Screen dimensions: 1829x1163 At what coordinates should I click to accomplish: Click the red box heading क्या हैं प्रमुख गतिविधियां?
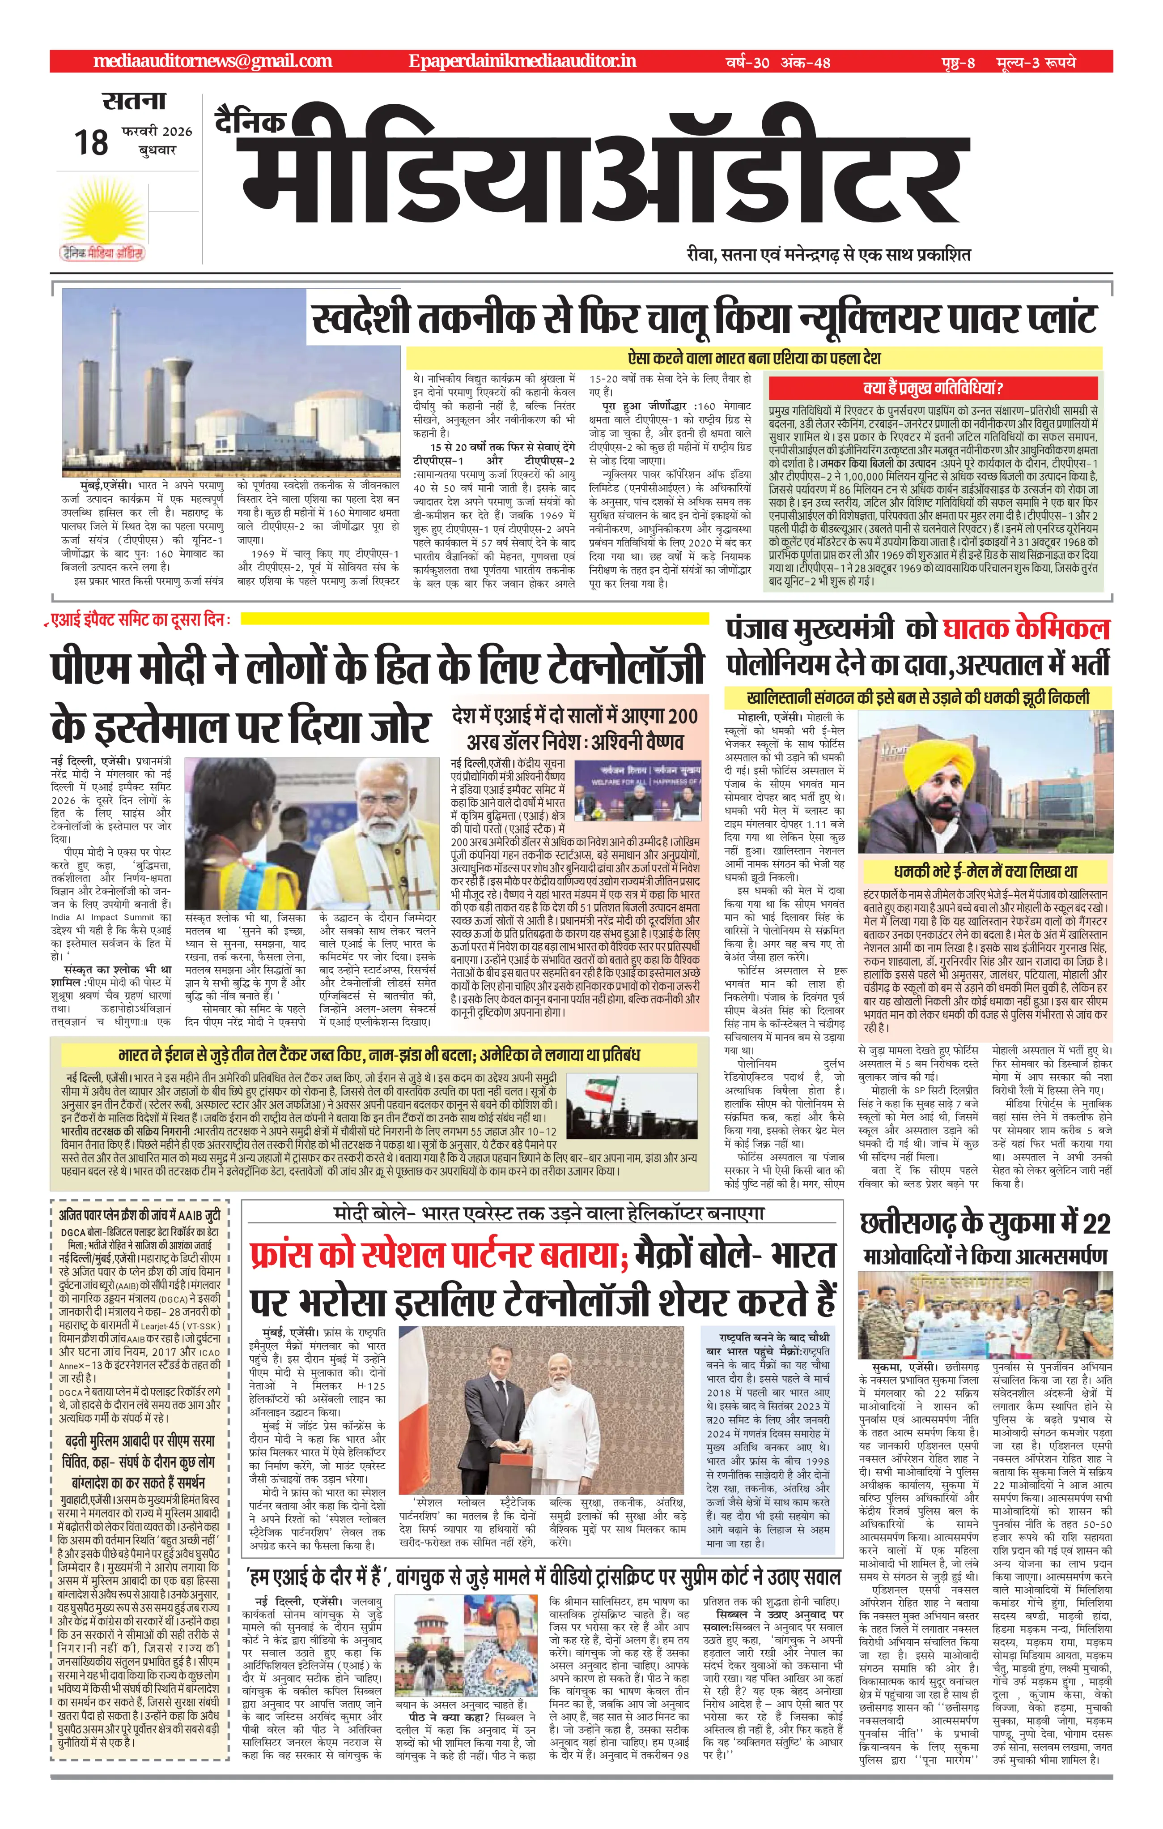934,388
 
